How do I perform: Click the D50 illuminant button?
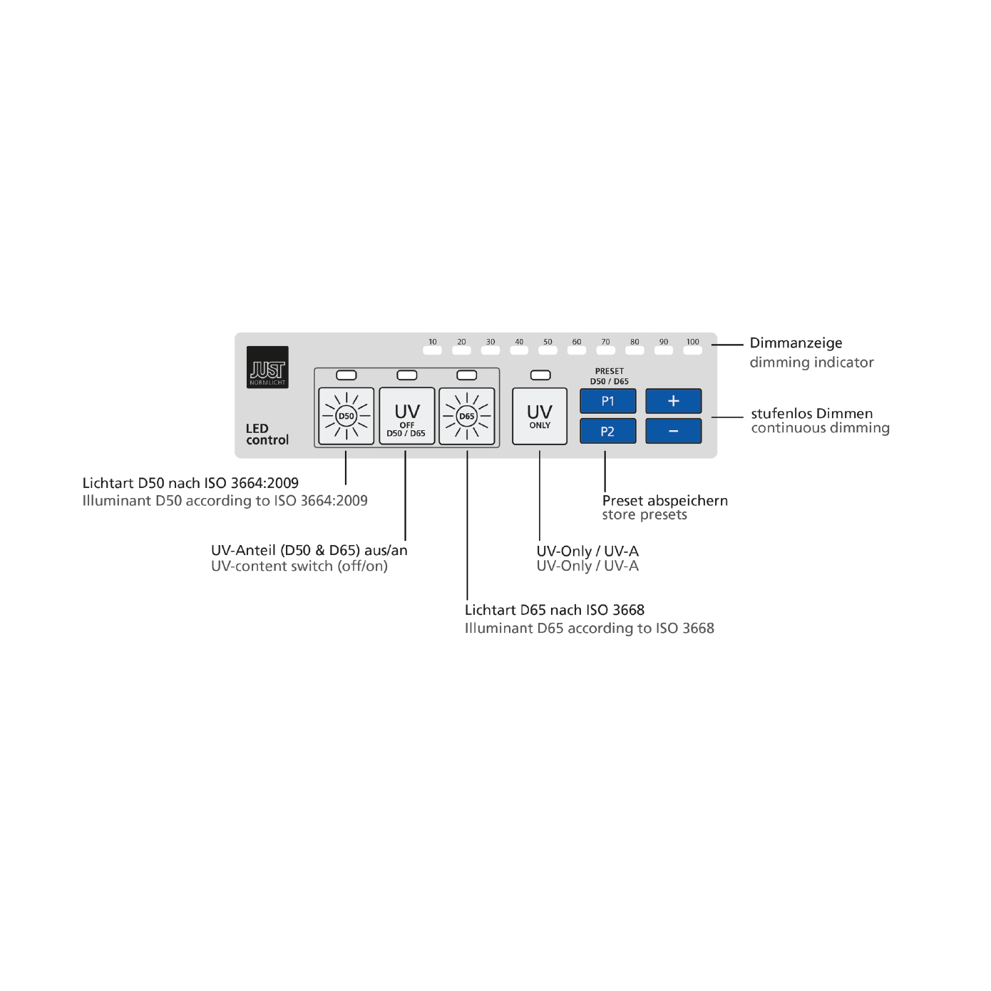coord(346,416)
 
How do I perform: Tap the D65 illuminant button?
coord(467,416)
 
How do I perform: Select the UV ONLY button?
coord(540,416)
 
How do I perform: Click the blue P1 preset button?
coord(607,401)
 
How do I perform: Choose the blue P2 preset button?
coord(607,431)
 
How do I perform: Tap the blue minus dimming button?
coord(673,431)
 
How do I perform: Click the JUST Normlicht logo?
coord(267,367)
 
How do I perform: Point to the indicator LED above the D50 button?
coord(346,375)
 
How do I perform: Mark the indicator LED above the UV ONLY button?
coord(540,375)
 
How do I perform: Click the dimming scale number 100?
coord(692,342)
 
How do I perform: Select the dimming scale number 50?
coord(548,342)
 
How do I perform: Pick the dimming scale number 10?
coord(433,342)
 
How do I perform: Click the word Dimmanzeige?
coord(796,343)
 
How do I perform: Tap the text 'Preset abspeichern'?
coord(664,501)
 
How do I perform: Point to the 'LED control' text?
coord(267,434)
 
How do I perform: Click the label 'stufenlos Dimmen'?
coord(811,414)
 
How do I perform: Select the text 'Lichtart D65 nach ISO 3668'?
coord(554,610)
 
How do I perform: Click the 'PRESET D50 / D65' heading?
coord(609,376)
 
